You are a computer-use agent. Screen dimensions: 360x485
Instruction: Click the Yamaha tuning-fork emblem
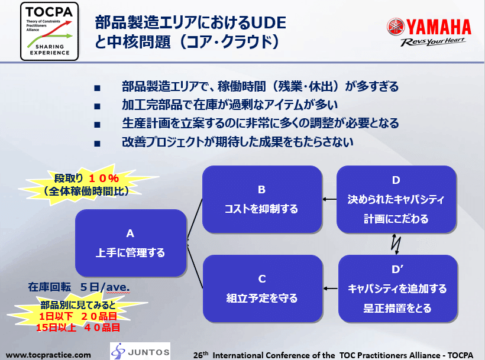click(x=396, y=27)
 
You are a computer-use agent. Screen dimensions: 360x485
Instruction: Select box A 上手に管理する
click(x=130, y=243)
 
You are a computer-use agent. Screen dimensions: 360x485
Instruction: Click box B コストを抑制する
click(x=261, y=199)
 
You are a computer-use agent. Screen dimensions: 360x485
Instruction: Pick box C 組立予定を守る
click(x=261, y=288)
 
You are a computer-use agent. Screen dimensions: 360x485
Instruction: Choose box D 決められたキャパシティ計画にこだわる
click(x=396, y=199)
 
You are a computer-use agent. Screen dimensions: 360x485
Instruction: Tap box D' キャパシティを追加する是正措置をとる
click(x=397, y=288)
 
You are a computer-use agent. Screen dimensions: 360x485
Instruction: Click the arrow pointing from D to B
click(x=329, y=199)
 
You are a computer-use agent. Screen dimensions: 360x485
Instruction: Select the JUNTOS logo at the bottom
click(x=140, y=350)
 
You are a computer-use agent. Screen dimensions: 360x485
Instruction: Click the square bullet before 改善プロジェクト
click(x=98, y=143)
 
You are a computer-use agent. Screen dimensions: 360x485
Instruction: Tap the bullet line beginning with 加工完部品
click(x=229, y=106)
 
